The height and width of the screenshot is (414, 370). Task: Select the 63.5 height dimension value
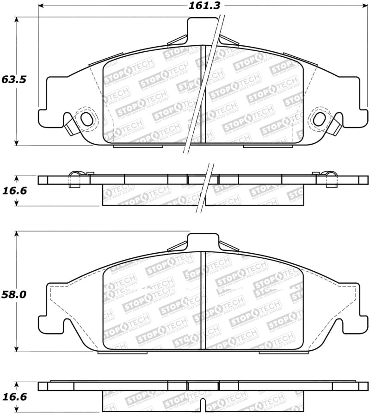coord(13,79)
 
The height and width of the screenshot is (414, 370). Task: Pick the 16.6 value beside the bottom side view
coord(13,396)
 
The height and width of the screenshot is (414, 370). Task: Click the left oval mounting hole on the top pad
coord(86,119)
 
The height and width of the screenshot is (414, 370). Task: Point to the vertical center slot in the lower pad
coord(203,300)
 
